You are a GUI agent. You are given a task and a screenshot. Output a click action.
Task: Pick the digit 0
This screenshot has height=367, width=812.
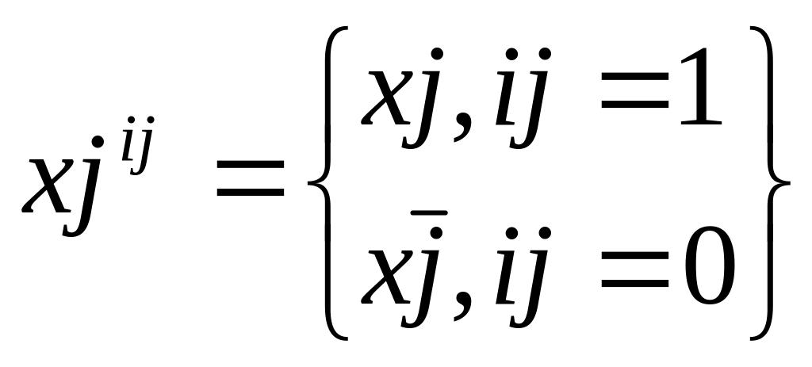[707, 274]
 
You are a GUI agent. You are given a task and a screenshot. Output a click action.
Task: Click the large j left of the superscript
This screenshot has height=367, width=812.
[90, 186]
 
